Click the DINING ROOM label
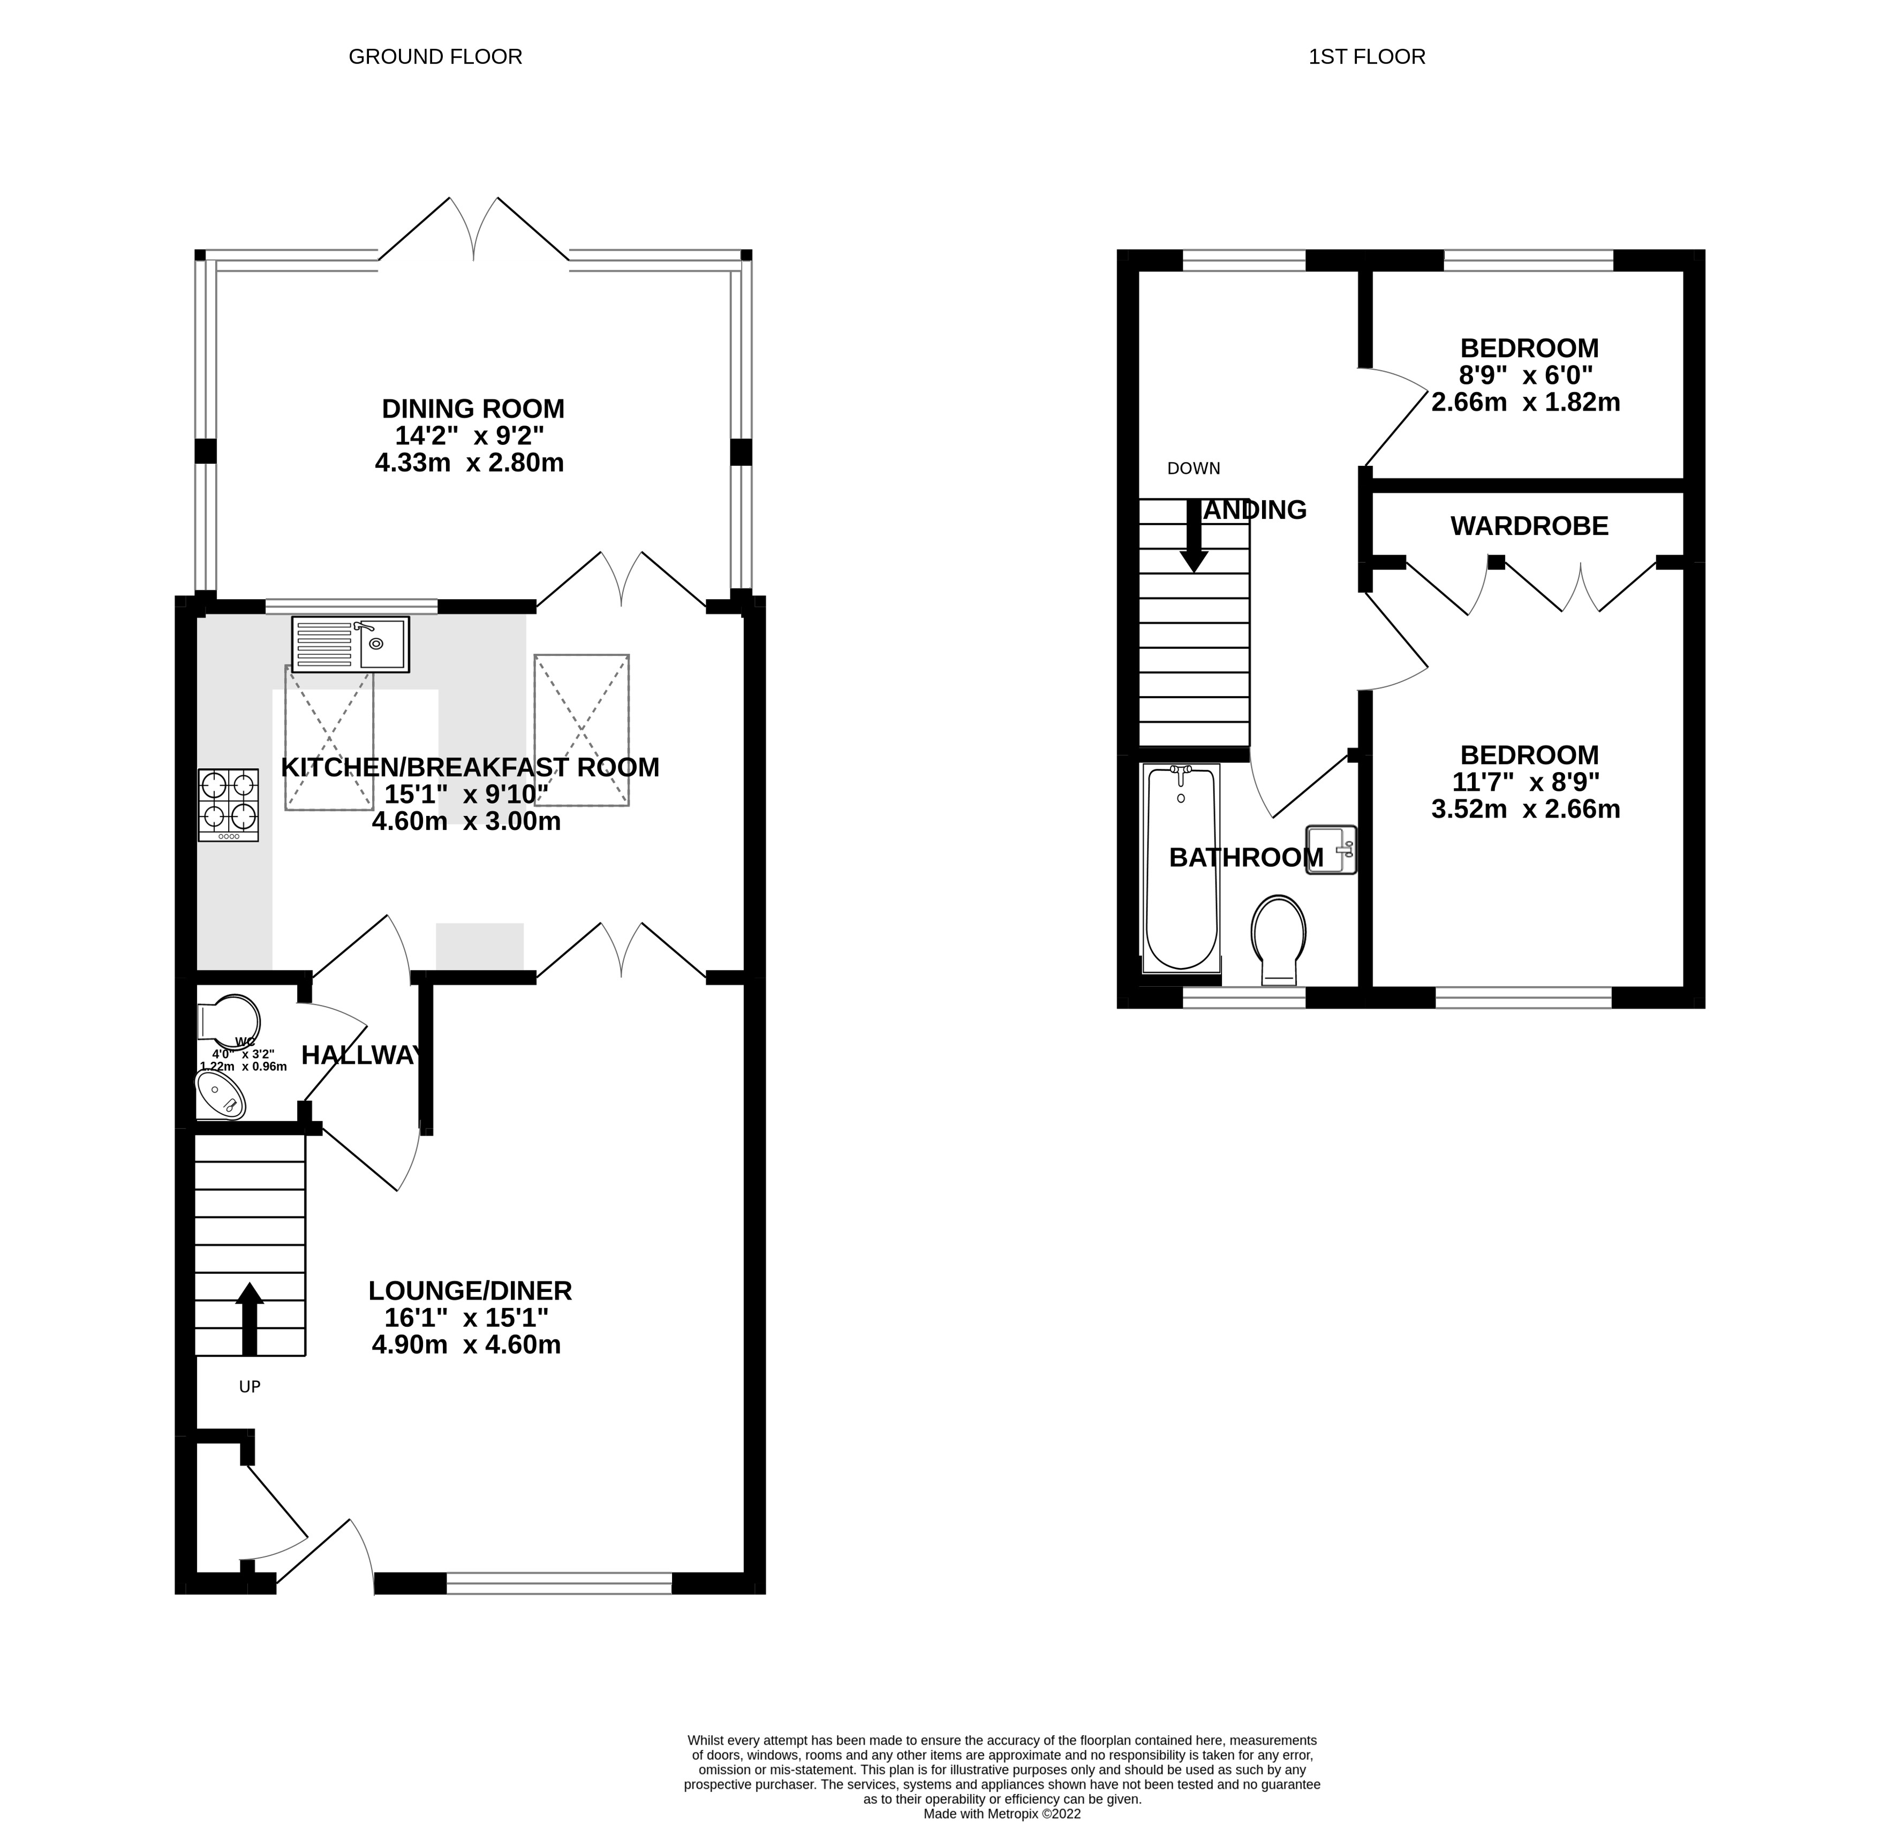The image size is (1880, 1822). click(473, 409)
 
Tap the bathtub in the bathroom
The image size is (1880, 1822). click(1181, 868)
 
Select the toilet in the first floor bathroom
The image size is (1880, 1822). click(1279, 940)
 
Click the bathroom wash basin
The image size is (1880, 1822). click(1331, 849)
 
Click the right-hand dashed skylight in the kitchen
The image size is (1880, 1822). click(582, 730)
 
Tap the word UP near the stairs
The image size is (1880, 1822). click(250, 1387)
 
